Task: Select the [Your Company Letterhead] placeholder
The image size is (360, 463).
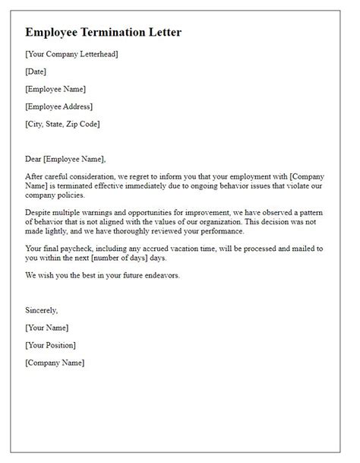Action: click(x=71, y=54)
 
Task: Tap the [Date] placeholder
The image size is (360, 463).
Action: click(x=36, y=71)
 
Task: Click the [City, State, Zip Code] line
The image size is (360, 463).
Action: click(x=62, y=124)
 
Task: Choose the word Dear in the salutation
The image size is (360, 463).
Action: click(x=35, y=159)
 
